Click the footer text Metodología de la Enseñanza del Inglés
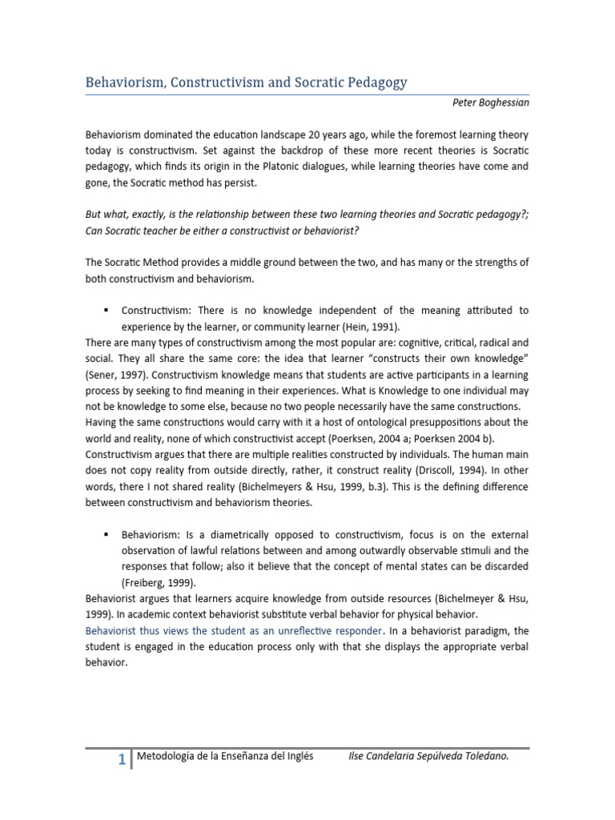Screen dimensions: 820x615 [x=225, y=756]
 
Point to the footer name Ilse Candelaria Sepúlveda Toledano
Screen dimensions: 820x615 [x=428, y=756]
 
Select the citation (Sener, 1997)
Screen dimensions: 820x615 [x=117, y=374]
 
